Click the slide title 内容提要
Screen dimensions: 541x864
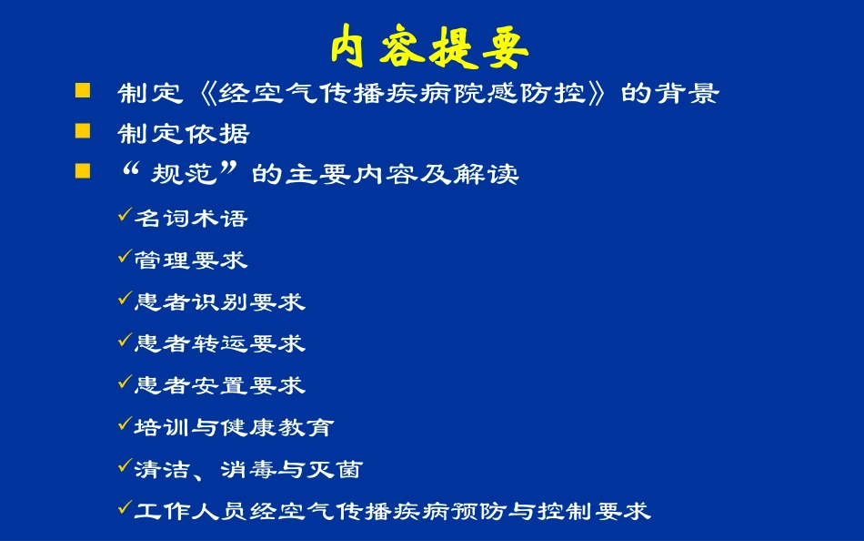click(429, 46)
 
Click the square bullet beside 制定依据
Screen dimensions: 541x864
click(83, 131)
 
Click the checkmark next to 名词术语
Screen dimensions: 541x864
click(126, 216)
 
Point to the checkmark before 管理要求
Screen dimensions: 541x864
click(126, 258)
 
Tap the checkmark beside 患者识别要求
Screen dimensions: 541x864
click(126, 300)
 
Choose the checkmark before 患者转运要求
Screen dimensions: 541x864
click(126, 342)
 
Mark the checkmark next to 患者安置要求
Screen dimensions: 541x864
click(126, 383)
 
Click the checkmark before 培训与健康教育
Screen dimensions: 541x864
click(126, 425)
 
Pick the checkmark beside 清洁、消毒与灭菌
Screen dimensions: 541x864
click(126, 467)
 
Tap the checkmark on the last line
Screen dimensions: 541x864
click(126, 509)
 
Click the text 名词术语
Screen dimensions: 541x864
click(191, 219)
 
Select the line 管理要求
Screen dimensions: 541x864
click(191, 260)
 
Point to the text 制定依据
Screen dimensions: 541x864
click(184, 135)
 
